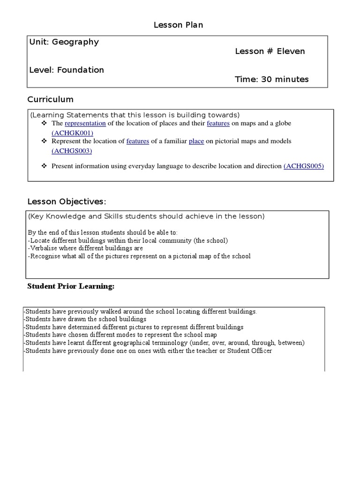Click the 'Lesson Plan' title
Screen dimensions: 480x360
tap(178, 25)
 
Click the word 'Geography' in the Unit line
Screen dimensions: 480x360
tap(75, 42)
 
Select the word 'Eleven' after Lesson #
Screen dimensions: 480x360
tap(291, 51)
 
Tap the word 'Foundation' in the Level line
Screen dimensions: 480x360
tap(81, 70)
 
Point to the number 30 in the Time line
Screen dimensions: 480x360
tap(267, 79)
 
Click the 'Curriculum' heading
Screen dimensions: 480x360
tap(50, 99)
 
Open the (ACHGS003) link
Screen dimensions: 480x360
tap(72, 150)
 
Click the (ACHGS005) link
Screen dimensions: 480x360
tap(304, 166)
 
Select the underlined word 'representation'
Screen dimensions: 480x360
tap(85, 123)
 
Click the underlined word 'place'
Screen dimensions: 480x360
tap(196, 141)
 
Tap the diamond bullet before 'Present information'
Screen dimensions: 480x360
tap(45, 166)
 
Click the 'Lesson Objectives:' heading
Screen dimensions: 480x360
tap(67, 202)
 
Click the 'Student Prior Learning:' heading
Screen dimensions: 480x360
tap(71, 286)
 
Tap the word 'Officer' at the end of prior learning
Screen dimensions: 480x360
tap(260, 351)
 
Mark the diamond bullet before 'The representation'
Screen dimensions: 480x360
tap(45, 123)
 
